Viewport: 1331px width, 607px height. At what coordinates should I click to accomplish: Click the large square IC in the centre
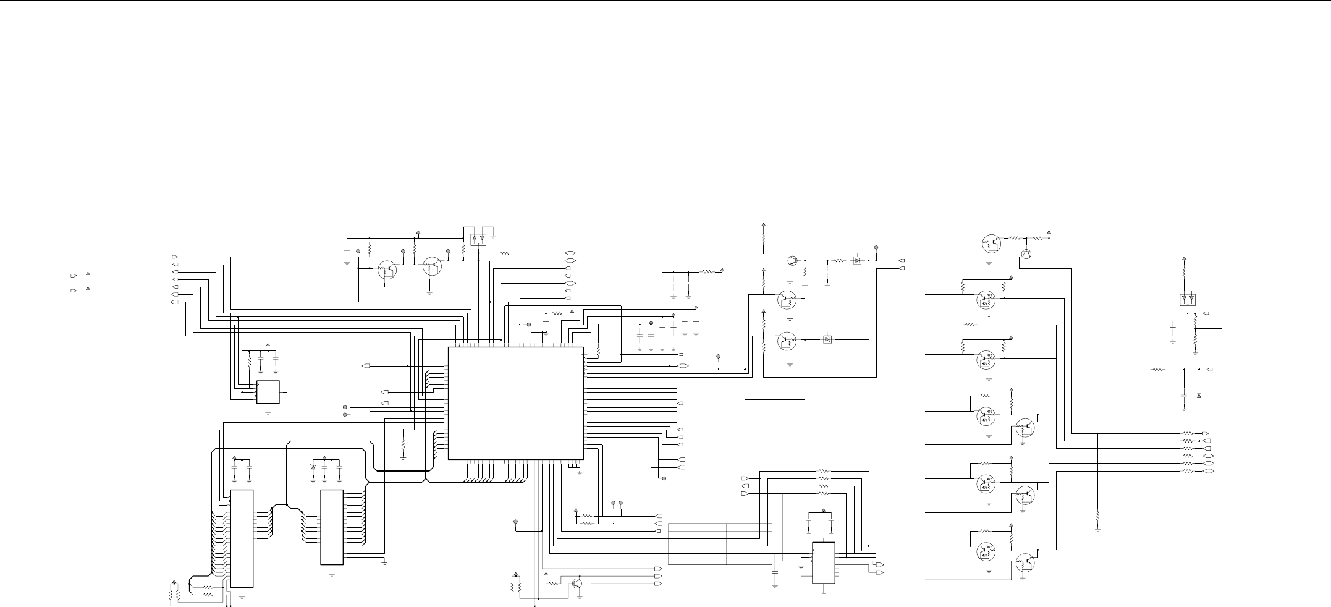coord(515,402)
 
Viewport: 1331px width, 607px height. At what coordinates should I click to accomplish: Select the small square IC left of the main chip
coord(268,392)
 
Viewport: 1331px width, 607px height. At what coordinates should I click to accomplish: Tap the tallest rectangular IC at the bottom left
coord(242,538)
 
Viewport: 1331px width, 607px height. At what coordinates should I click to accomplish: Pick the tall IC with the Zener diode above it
coord(332,527)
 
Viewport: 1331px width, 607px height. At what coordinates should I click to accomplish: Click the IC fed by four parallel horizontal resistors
coord(824,562)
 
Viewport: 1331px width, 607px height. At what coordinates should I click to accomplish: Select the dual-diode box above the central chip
coord(478,238)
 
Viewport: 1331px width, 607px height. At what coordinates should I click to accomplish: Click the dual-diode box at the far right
coord(1187,299)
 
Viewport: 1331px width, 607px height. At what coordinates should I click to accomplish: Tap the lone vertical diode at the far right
coord(1199,395)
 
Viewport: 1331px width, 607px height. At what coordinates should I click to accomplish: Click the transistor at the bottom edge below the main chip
coord(577,583)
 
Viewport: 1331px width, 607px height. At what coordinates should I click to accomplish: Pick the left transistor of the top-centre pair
coord(388,269)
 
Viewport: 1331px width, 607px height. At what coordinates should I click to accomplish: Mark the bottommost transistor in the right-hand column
coord(1025,564)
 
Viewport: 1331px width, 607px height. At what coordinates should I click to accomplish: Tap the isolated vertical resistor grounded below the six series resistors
coord(1097,515)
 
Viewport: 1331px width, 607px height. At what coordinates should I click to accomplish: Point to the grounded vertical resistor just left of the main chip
coord(403,444)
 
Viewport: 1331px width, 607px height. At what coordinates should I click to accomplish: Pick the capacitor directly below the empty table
coord(775,577)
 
